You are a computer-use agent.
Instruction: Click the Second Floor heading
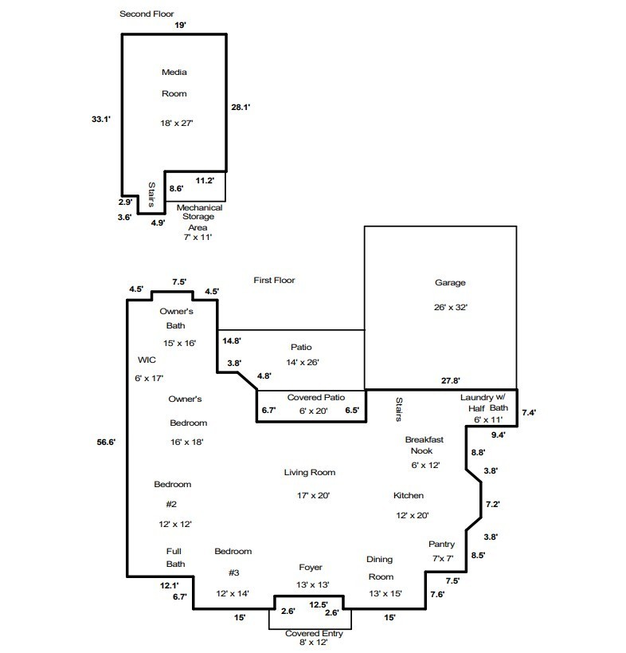pyautogui.click(x=147, y=14)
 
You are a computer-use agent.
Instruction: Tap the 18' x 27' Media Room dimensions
pyautogui.click(x=177, y=123)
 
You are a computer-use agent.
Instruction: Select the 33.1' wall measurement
pyautogui.click(x=101, y=119)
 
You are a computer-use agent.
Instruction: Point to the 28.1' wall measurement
pyautogui.click(x=241, y=107)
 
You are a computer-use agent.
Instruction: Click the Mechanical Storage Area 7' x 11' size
pyautogui.click(x=198, y=237)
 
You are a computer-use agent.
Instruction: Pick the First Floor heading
pyautogui.click(x=274, y=281)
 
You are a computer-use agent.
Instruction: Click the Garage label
pyautogui.click(x=450, y=282)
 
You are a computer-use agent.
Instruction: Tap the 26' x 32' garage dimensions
pyautogui.click(x=451, y=307)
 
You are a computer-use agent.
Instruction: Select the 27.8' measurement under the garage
pyautogui.click(x=451, y=380)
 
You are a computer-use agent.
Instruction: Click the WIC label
pyautogui.click(x=147, y=360)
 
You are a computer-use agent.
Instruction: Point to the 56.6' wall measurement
pyautogui.click(x=106, y=442)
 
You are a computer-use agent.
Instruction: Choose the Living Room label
pyautogui.click(x=310, y=472)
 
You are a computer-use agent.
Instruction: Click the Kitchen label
pyautogui.click(x=409, y=496)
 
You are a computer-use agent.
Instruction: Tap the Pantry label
pyautogui.click(x=442, y=545)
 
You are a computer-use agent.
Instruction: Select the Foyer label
pyautogui.click(x=311, y=568)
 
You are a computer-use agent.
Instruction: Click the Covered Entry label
pyautogui.click(x=314, y=633)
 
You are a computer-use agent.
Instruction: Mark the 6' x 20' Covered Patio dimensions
pyautogui.click(x=313, y=411)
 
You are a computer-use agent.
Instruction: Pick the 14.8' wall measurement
pyautogui.click(x=232, y=340)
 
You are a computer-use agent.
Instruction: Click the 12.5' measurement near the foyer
pyautogui.click(x=319, y=604)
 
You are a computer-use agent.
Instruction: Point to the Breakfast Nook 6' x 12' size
pyautogui.click(x=425, y=465)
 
